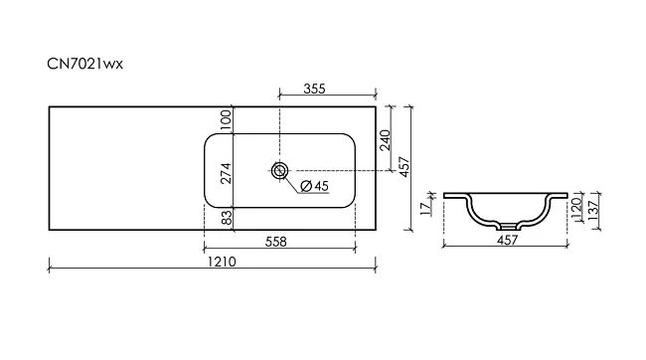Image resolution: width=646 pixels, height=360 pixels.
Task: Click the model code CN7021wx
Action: click(x=84, y=64)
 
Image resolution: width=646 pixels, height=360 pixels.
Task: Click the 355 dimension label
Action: click(x=314, y=89)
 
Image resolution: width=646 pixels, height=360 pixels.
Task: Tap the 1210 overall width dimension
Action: click(x=222, y=262)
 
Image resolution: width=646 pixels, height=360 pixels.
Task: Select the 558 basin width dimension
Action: click(x=275, y=242)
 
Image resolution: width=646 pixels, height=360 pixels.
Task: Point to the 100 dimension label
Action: click(x=227, y=120)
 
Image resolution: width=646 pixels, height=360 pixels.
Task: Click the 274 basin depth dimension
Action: click(x=227, y=174)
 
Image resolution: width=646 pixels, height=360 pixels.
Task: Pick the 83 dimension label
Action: click(x=227, y=218)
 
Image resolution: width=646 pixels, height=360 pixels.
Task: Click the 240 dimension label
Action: click(x=385, y=140)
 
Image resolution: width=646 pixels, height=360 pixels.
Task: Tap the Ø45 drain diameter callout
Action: click(x=315, y=186)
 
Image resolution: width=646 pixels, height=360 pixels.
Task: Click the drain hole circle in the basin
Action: click(x=279, y=170)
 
